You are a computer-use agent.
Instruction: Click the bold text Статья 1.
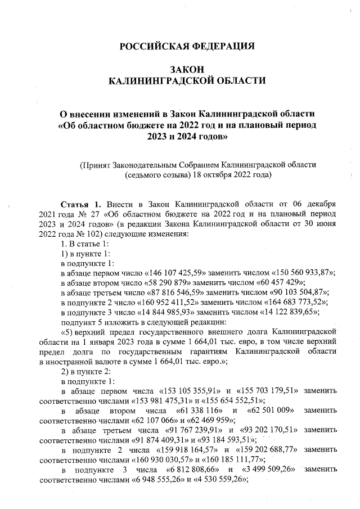point(80,204)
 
